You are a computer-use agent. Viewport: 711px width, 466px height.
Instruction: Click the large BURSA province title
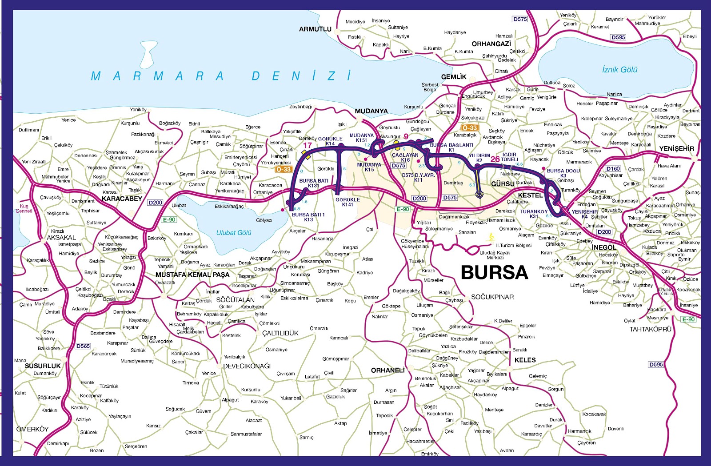click(x=494, y=272)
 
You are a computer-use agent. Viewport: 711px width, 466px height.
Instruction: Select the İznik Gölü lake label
click(x=619, y=70)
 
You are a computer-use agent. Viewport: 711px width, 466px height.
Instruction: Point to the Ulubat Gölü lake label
click(x=234, y=233)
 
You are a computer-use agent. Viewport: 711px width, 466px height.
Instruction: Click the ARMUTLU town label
click(x=315, y=29)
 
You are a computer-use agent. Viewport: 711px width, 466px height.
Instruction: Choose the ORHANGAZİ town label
click(x=491, y=44)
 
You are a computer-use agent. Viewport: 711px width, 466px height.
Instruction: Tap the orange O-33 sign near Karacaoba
click(x=283, y=169)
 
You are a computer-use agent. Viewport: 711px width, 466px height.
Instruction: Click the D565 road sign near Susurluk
click(x=83, y=346)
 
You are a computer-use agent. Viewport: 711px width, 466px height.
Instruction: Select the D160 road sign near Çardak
click(x=613, y=169)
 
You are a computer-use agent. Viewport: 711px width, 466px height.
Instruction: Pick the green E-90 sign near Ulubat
click(x=169, y=219)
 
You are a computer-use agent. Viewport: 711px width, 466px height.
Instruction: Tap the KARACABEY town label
click(x=122, y=199)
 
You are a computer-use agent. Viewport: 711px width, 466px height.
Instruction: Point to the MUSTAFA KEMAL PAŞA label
click(x=192, y=275)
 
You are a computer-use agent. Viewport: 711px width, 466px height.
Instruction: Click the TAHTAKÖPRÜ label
click(x=650, y=329)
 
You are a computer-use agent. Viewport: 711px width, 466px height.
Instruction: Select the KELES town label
click(x=525, y=360)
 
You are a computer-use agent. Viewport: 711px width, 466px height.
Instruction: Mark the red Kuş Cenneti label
click(x=24, y=208)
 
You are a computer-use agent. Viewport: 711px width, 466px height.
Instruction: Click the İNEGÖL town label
click(x=604, y=247)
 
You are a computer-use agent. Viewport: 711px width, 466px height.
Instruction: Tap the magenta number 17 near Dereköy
click(x=308, y=145)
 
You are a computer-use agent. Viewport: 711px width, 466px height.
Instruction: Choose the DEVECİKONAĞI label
click(x=247, y=366)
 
